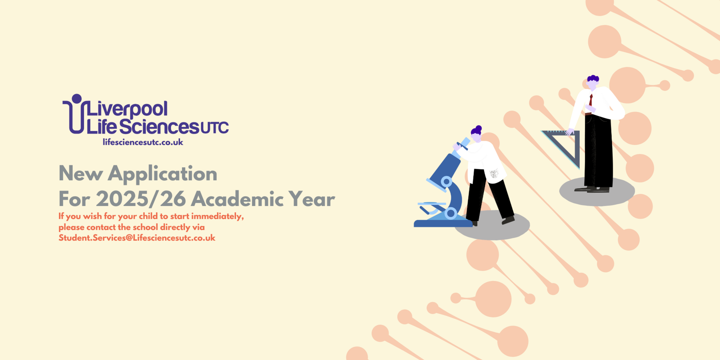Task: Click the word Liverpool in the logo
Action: click(x=127, y=109)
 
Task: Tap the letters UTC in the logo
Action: click(x=215, y=128)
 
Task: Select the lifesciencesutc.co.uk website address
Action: click(x=143, y=142)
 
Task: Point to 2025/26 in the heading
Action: click(x=141, y=199)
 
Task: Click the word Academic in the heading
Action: click(x=238, y=199)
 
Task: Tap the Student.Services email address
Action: click(x=137, y=238)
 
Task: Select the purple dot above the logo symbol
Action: click(x=77, y=99)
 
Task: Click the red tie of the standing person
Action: click(x=591, y=100)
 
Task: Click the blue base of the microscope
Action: click(x=443, y=223)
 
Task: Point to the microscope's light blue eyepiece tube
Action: click(x=461, y=148)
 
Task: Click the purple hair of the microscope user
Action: click(x=476, y=130)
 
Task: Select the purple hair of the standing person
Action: click(x=593, y=78)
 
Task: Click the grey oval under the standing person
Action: click(x=597, y=191)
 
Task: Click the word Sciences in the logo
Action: click(x=159, y=127)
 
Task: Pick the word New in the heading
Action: click(x=81, y=174)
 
